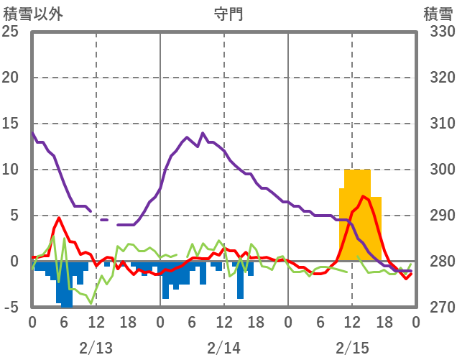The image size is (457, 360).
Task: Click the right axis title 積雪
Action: click(437, 14)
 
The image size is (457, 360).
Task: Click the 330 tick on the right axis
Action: click(438, 32)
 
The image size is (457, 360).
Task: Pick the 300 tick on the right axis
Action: click(438, 170)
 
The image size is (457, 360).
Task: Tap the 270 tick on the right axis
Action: click(438, 308)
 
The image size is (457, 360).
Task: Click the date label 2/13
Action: click(96, 349)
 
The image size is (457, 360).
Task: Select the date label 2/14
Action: click(223, 349)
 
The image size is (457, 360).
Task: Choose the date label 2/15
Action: click(352, 349)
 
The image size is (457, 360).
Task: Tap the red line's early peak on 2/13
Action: click(59, 217)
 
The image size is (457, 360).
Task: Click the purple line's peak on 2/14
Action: click(203, 133)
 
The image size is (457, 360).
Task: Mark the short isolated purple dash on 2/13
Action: click(104, 220)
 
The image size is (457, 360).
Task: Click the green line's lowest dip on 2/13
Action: click(91, 303)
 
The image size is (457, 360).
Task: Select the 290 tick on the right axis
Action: click(438, 216)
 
